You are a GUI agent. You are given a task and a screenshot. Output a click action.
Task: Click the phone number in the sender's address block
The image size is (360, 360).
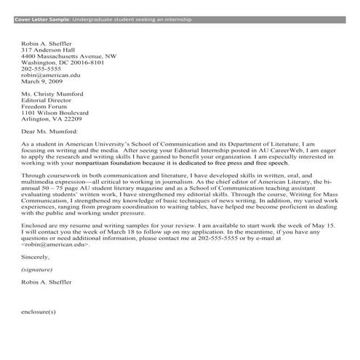[x=43, y=68]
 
